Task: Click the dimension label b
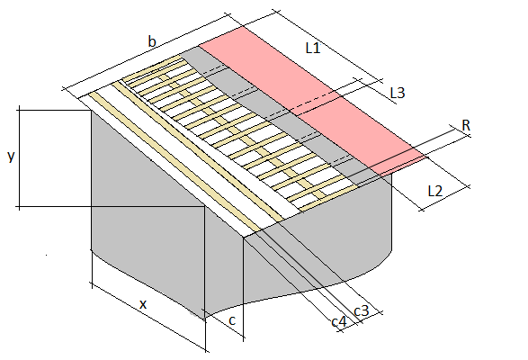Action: pos(152,41)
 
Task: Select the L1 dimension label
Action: pos(313,49)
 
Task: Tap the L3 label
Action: pos(398,93)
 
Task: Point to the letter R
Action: pos(466,125)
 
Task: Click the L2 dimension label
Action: pos(434,191)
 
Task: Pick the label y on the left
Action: pos(11,157)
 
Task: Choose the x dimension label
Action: pos(143,304)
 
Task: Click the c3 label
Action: pos(362,310)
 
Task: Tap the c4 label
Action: pos(339,322)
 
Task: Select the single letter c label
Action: pos(232,320)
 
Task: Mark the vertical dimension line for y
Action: pos(19,157)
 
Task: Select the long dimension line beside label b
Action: pos(146,51)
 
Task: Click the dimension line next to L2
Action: pos(444,198)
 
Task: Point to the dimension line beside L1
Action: pos(327,46)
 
